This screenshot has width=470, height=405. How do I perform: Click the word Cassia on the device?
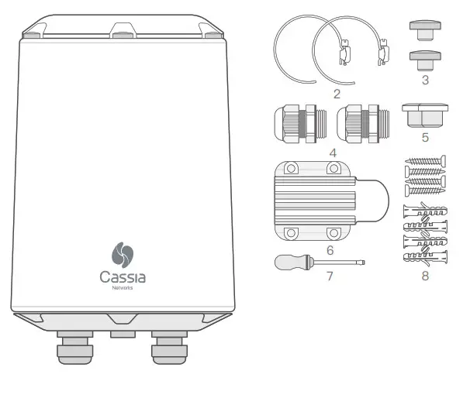tap(123, 276)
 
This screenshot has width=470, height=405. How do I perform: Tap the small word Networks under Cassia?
tap(123, 288)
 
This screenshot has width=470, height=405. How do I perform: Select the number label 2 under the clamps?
tap(336, 94)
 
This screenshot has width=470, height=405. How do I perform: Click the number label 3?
tap(425, 81)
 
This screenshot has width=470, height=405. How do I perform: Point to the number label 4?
tap(332, 153)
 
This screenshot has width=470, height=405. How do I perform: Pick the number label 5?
tap(425, 138)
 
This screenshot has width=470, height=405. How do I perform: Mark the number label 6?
tap(330, 250)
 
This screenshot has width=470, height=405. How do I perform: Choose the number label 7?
tap(330, 276)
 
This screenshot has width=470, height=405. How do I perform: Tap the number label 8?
tap(425, 276)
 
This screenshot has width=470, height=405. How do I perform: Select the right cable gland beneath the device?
tap(169, 347)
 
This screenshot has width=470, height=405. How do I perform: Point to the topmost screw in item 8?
tap(425, 163)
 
